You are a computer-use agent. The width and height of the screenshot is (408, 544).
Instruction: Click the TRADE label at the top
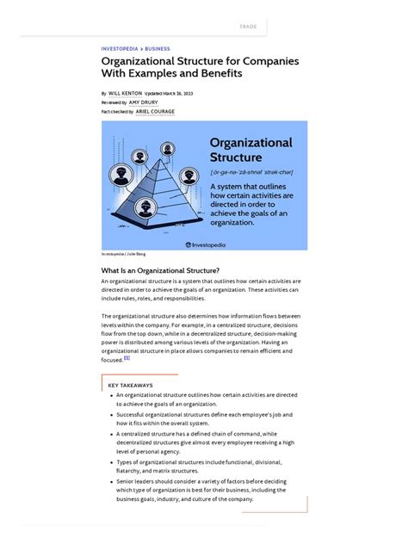[248, 27]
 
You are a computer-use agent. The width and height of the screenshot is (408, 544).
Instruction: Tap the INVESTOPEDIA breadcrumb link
[121, 49]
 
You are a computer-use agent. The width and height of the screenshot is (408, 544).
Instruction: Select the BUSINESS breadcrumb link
[158, 49]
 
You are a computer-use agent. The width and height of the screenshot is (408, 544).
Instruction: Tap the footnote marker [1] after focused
[127, 358]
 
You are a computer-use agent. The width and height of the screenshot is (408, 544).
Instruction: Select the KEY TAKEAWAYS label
[131, 385]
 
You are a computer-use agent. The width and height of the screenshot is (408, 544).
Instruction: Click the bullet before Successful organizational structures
[111, 414]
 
